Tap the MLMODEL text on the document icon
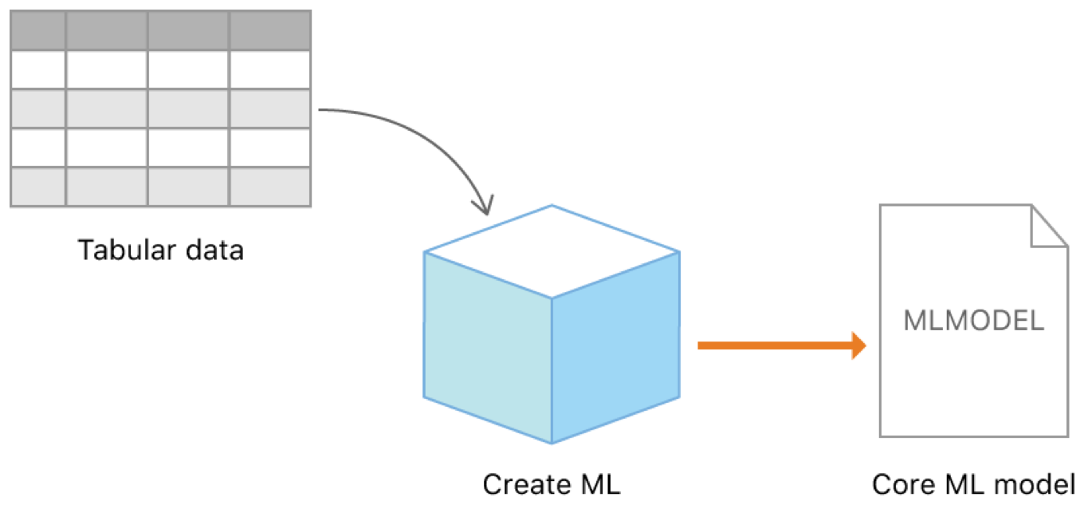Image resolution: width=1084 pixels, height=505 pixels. (x=973, y=321)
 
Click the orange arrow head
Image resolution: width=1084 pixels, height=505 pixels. (x=858, y=345)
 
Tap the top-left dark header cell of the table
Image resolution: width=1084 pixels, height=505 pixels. (x=37, y=31)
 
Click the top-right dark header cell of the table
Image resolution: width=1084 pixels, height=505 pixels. (x=269, y=31)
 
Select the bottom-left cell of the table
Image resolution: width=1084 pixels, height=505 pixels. (x=37, y=187)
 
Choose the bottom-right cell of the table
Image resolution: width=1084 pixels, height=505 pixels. (x=269, y=187)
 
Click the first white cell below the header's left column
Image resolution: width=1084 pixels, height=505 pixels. (x=37, y=69)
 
